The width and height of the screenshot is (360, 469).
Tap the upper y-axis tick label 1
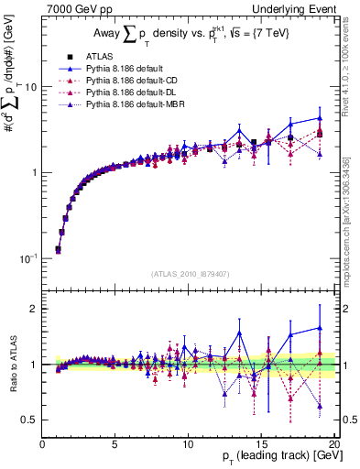34,172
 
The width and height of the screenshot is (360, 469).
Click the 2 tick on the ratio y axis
34,309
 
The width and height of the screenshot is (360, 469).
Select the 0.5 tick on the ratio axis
30,420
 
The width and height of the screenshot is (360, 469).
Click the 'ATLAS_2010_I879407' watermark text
189,273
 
